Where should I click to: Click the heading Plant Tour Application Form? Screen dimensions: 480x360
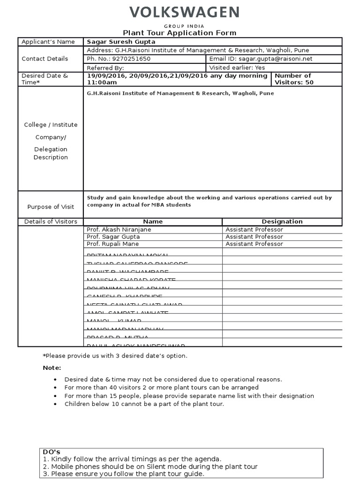180,33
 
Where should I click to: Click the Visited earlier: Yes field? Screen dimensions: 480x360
237,67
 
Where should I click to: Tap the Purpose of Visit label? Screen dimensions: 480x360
51,207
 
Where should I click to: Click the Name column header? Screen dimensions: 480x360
153,222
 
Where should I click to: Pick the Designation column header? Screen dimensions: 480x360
282,222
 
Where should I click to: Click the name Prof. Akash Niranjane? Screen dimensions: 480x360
119,230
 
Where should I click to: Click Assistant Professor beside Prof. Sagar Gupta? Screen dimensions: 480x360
254,237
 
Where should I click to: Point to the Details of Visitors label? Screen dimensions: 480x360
51,222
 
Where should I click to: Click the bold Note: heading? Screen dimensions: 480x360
52,368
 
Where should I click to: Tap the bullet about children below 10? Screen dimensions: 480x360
144,404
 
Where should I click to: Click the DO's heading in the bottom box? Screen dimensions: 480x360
52,452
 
